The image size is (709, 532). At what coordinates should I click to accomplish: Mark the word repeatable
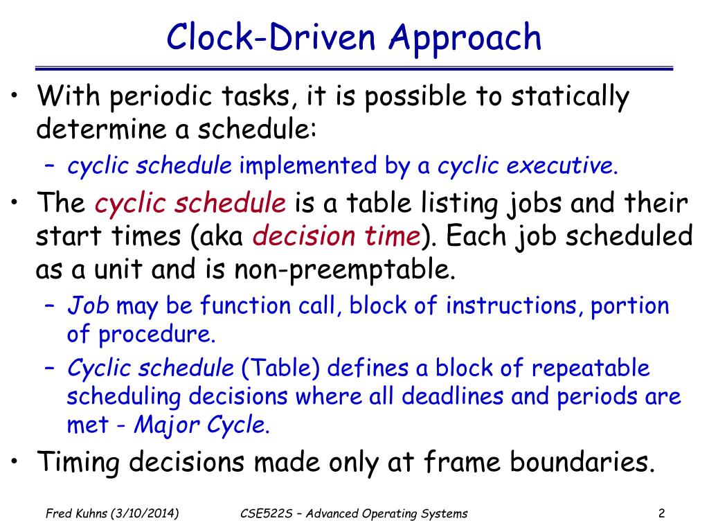(591, 368)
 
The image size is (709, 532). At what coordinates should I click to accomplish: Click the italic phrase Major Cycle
(201, 425)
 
